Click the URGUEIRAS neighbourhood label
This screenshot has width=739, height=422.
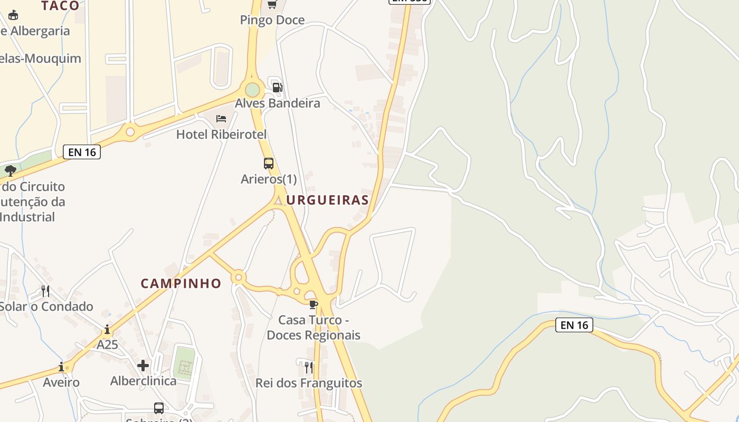point(327,200)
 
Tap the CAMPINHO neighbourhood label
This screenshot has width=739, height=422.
point(181,283)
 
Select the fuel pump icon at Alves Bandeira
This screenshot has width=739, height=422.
point(277,87)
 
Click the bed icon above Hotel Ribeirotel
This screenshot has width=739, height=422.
point(221,118)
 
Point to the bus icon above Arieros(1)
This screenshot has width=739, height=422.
point(269,164)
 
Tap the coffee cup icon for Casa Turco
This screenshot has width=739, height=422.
point(314,304)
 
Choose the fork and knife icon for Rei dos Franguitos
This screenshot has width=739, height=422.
point(309,367)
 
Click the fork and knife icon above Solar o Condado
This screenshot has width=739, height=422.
point(46,291)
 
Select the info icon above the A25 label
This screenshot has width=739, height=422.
point(107,330)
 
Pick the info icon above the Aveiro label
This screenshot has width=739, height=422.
point(61,367)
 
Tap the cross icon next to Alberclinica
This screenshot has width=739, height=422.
point(143,365)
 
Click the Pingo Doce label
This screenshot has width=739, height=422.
point(272,20)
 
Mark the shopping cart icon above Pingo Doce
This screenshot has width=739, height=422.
point(272,5)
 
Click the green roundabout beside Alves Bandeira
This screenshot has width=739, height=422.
point(253,90)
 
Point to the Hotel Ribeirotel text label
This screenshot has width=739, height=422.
point(221,134)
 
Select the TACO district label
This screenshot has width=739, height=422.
point(60,6)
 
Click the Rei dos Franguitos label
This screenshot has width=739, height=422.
point(309,383)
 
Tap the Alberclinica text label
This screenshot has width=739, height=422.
point(143,381)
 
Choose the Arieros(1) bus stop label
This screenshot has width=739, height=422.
point(269,179)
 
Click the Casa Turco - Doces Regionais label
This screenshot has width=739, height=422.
point(314,328)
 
